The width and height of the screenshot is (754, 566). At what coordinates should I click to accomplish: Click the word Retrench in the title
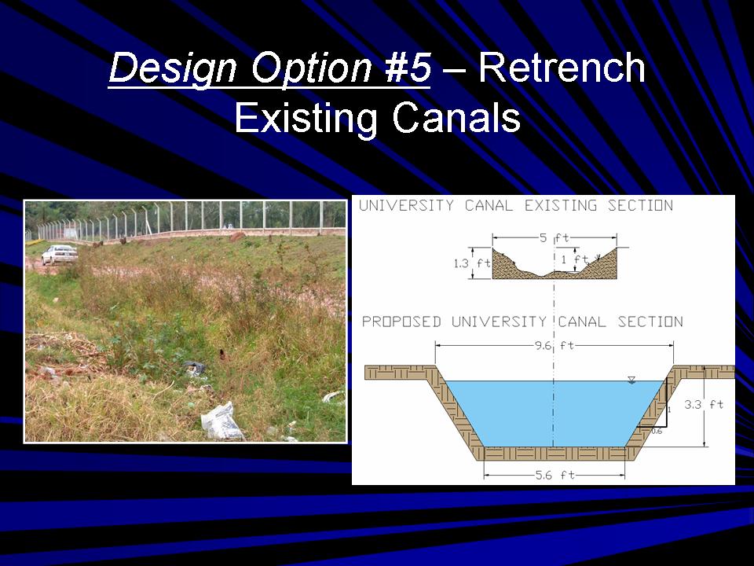point(562,67)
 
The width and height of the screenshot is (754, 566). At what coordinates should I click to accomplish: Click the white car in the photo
point(60,254)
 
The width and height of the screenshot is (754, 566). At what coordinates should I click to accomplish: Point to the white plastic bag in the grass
point(221,421)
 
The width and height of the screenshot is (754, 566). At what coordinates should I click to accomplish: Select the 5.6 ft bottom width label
point(555,475)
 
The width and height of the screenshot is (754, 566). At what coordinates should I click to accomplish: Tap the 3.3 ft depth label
point(704,404)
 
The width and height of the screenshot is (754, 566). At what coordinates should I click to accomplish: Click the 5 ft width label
point(555,237)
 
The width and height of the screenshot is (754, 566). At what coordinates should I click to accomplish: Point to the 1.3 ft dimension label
point(472,263)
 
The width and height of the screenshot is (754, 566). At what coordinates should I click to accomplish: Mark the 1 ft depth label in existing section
point(575,259)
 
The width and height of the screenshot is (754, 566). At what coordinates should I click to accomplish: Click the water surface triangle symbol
point(631,380)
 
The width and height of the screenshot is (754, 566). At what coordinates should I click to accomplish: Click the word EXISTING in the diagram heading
point(560,205)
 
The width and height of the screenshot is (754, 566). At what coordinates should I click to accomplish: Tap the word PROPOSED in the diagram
point(401,322)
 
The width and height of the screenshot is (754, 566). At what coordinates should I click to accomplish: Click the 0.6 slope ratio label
point(657,432)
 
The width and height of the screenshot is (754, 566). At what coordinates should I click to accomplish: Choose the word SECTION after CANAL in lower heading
point(650,322)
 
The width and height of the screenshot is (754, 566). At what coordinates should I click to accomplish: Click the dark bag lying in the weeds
point(195,368)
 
